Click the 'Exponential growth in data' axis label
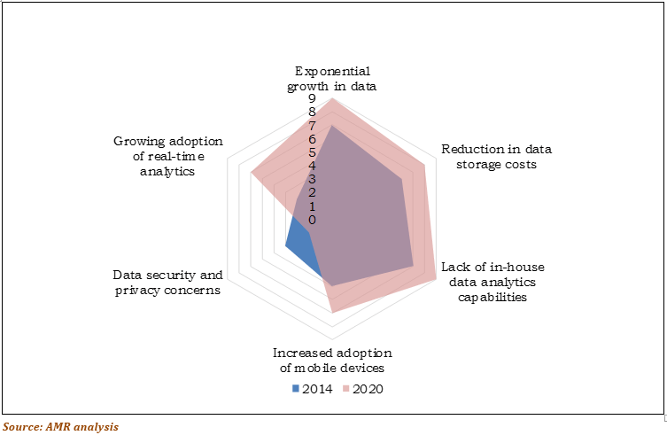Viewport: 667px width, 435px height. tap(331, 79)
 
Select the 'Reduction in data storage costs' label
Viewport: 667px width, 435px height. tap(490, 157)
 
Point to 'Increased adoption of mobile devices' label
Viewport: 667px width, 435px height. tap(331, 360)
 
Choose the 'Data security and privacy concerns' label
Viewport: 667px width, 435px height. tap(167, 283)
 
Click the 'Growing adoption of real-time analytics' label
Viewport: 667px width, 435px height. tap(167, 157)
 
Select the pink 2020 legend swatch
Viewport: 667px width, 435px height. tap(346, 388)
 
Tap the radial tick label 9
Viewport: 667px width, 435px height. tap(312, 99)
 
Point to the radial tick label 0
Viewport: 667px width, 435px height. tap(312, 219)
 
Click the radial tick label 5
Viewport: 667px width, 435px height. tap(312, 152)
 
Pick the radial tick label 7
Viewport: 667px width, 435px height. tap(312, 126)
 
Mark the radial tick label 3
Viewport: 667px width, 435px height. tap(312, 179)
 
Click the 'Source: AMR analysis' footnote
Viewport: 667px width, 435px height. tap(60, 426)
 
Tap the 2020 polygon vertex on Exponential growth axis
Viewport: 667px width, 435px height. tap(331, 98)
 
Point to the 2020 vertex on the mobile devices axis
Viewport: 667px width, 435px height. tap(331, 313)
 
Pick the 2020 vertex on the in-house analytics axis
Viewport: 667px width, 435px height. tap(435, 279)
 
